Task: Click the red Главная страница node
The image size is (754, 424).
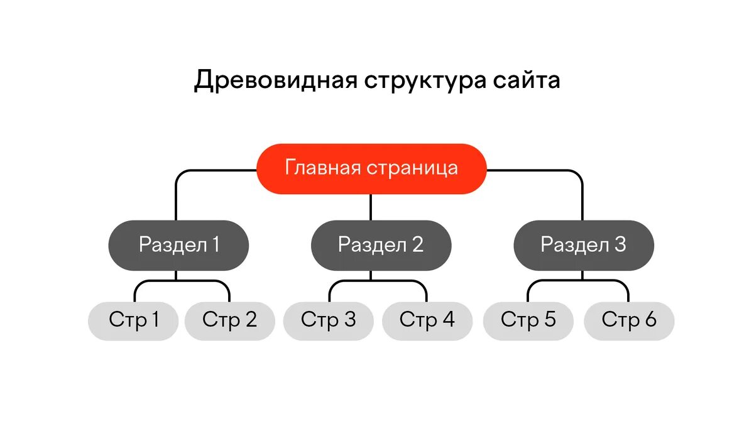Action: pos(371,169)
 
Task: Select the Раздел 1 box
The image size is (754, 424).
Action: pos(179,245)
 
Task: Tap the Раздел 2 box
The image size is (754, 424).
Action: pos(381,245)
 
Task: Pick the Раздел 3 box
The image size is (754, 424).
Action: pos(584,245)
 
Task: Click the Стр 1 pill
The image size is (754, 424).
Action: pos(133,320)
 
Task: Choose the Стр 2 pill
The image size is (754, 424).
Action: pos(230,320)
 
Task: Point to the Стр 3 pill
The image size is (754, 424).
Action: pos(329,320)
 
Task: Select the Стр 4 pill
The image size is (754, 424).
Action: pos(427,320)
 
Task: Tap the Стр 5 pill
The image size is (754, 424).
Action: pos(528,320)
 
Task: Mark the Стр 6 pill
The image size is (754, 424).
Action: pos(629,320)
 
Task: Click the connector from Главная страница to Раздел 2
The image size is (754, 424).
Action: pos(371,207)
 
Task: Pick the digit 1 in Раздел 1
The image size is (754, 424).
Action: pos(216,244)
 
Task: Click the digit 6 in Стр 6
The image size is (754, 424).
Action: pos(650,320)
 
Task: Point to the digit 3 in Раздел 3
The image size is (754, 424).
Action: pos(620,244)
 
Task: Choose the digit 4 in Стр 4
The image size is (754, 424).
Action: pos(448,320)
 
